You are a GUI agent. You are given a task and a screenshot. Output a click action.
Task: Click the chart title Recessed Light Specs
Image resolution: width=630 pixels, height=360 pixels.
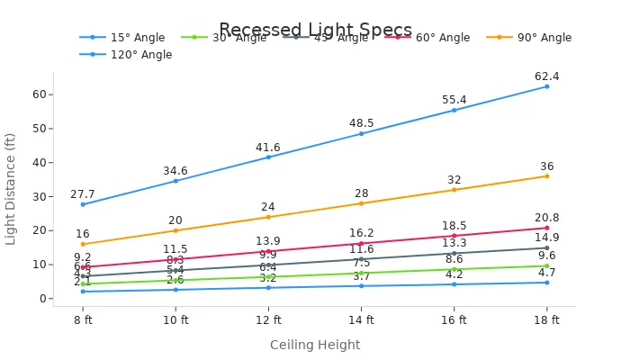tap(315, 30)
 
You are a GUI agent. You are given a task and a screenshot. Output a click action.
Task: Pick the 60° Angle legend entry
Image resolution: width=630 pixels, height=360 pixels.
tap(436, 38)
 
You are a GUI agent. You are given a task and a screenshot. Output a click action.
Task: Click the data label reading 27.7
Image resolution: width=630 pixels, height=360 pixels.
tap(83, 194)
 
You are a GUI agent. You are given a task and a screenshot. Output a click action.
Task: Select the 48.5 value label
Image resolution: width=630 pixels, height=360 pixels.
tap(361, 122)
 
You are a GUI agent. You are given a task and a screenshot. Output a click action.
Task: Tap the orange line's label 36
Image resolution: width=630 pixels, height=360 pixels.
tap(546, 166)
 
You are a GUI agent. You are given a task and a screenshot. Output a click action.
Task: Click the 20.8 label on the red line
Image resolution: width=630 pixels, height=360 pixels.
tap(546, 218)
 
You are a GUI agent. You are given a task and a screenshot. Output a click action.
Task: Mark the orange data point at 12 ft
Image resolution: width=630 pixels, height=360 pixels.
tap(268, 217)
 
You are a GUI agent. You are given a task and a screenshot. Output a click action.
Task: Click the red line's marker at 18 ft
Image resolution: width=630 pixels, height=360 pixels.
tap(546, 228)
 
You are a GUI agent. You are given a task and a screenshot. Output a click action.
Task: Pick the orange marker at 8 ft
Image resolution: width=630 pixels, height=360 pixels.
tap(83, 244)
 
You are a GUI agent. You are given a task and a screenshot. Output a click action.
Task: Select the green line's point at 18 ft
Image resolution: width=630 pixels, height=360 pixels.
tap(546, 265)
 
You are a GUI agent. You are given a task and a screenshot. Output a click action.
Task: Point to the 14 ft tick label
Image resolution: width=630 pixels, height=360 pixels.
tap(361, 320)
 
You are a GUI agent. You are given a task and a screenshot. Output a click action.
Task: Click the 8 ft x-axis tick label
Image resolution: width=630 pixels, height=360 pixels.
tap(83, 320)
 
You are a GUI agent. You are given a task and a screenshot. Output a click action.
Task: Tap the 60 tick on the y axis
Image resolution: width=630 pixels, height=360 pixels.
tap(40, 94)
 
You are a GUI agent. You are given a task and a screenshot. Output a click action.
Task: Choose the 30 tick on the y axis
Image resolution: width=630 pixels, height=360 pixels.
tap(40, 196)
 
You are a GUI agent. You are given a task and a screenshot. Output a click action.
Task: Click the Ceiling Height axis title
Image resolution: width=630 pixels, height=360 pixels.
tap(315, 345)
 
